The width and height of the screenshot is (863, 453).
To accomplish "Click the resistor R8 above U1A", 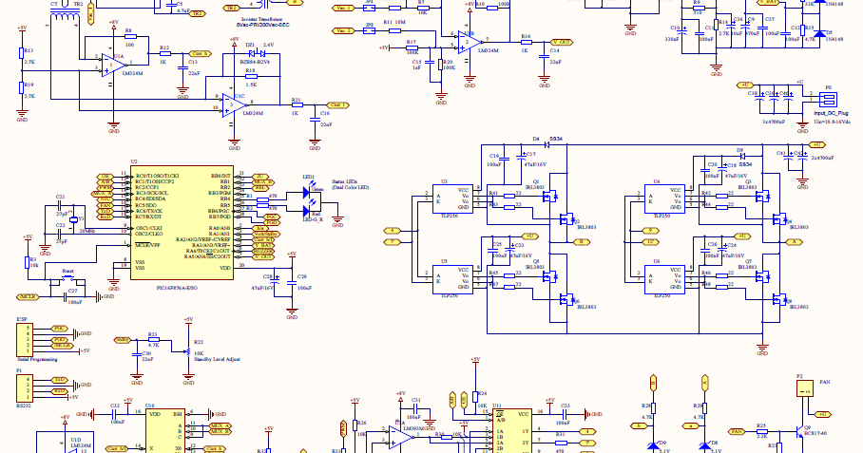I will pyautogui.click(x=129, y=38).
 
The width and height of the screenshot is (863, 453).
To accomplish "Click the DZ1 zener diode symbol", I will pyautogui.click(x=250, y=53).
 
